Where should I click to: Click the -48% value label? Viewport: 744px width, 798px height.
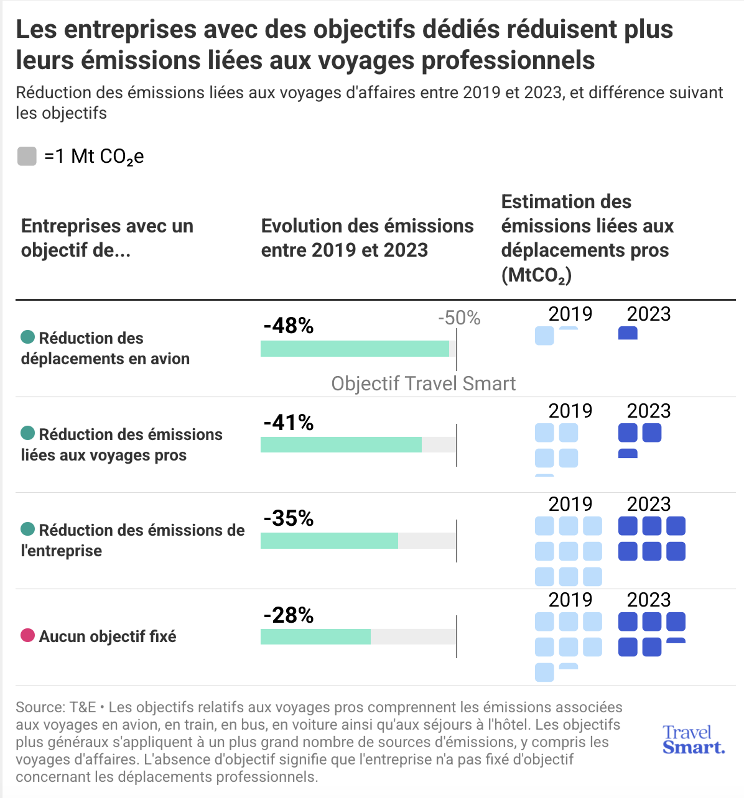point(288,326)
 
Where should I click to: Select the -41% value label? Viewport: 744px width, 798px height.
point(288,422)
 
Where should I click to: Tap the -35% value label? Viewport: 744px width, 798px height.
point(288,518)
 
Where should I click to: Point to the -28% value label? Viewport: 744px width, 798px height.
point(288,615)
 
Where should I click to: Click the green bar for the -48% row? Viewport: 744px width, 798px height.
point(355,349)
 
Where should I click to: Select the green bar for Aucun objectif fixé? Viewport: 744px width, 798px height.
point(315,636)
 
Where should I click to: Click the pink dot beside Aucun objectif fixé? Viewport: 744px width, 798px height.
point(27,635)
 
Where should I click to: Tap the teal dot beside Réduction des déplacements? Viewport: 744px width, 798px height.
point(27,337)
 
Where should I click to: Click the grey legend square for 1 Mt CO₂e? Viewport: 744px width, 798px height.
point(27,156)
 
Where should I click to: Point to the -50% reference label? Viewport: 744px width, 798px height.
point(459,318)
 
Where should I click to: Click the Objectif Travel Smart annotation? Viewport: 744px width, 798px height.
point(423,383)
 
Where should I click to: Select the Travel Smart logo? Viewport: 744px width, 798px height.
point(693,740)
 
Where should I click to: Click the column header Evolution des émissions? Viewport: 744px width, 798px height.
point(367,238)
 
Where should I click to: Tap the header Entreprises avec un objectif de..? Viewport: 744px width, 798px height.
point(107,238)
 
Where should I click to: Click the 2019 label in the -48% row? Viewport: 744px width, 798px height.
point(570,314)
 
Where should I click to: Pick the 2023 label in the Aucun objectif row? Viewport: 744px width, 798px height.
point(649,600)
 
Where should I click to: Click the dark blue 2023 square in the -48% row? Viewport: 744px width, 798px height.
point(628,333)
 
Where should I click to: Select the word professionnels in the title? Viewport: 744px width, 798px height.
point(508,60)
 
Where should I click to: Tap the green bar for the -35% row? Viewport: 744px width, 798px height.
point(329,541)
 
